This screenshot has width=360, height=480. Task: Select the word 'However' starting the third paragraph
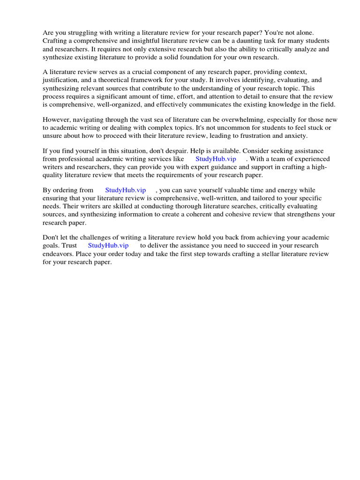[56, 120]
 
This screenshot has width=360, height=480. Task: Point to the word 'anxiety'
[294, 135]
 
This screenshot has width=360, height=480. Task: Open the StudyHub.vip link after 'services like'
[216, 159]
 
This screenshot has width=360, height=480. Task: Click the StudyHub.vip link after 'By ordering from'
[126, 190]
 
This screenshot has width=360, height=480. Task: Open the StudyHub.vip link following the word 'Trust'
[108, 245]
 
